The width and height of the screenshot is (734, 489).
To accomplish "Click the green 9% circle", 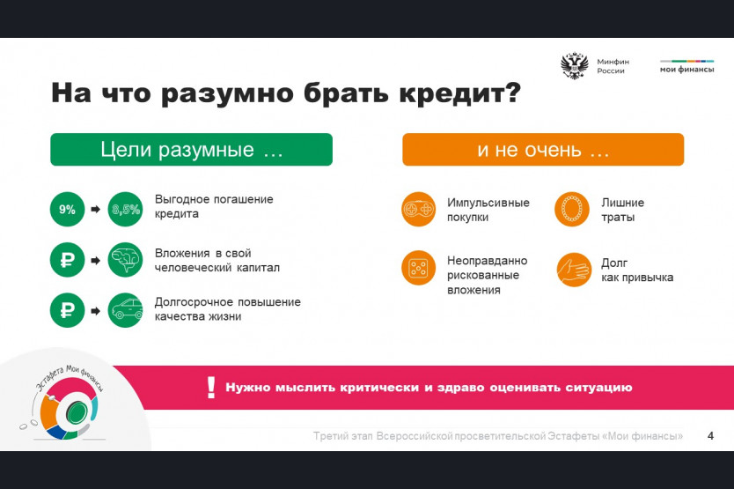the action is point(67,209).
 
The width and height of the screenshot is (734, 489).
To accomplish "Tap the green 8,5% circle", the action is point(126,209).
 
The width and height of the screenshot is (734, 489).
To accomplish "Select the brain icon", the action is point(126,260).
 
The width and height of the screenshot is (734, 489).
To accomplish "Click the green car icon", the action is point(126,310).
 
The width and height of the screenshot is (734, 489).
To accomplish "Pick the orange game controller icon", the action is point(419,209).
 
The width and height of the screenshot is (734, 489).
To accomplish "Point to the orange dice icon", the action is point(419,268).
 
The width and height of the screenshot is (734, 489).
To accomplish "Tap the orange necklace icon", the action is point(572,209).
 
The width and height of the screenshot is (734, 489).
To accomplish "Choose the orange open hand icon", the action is point(574,270).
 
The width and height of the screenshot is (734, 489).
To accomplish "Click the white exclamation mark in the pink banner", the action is point(211,388).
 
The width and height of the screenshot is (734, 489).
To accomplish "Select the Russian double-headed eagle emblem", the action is point(575,66).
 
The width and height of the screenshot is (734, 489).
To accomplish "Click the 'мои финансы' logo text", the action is point(686,70).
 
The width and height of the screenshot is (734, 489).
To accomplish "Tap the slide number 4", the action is point(710,436).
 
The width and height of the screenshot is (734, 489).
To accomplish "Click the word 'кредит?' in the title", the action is point(459,93).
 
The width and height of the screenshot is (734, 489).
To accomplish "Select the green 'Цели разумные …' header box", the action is point(192,150).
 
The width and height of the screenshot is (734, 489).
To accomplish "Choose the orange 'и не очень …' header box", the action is point(543,150).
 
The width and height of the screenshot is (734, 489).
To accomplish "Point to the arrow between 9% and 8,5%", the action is point(96,209).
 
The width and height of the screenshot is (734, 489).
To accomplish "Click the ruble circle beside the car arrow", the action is point(67,310).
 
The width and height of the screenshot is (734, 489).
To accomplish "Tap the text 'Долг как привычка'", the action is point(637,270).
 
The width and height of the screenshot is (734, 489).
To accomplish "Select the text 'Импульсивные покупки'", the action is point(488,210).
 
